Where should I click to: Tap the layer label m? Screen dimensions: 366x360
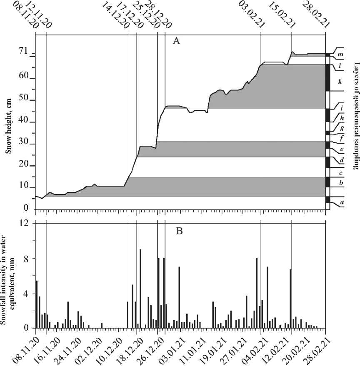point(340,55)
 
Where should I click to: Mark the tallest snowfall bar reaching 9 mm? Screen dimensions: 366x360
point(140,288)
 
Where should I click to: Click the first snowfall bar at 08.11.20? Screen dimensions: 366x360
point(37,304)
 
